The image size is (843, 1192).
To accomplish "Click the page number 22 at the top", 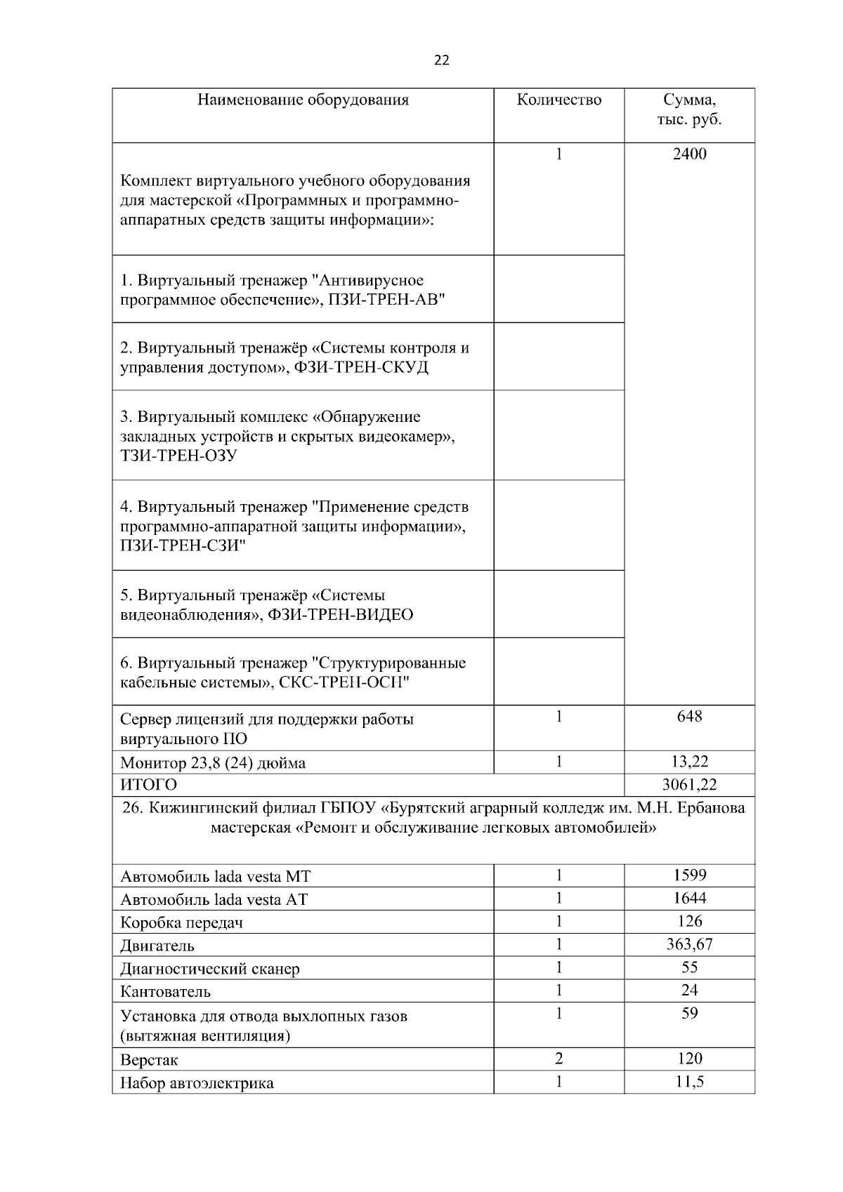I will point(441,60).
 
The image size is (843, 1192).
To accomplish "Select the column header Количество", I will point(558,100).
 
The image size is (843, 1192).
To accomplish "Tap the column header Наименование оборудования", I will point(303,100).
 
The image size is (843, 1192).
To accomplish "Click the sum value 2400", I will point(689,154).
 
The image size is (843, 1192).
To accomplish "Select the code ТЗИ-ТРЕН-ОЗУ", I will point(178,456).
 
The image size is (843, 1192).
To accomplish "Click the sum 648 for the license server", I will point(689,717).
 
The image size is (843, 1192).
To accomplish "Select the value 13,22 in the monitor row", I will point(689,762).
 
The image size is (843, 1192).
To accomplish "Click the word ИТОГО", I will point(148,785).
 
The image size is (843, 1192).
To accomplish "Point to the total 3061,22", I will point(689,785).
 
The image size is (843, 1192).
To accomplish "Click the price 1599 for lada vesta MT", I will point(689,875).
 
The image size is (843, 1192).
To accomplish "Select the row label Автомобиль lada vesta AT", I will point(214,900).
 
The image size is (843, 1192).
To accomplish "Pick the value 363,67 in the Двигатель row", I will point(689,944).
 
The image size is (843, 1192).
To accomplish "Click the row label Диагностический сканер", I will point(209,969).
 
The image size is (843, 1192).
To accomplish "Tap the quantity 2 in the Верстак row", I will point(558,1059).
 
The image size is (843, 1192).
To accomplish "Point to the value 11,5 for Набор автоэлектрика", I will point(689,1082).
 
